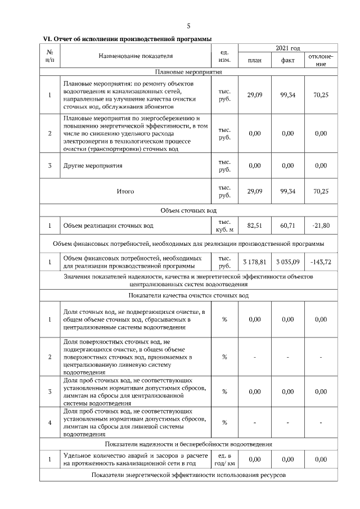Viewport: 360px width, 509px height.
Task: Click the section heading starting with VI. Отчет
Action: point(128,39)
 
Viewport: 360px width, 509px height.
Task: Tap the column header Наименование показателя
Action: point(136,56)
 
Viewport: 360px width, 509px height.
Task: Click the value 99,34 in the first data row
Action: point(287,95)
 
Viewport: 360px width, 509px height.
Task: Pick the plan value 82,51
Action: point(255,226)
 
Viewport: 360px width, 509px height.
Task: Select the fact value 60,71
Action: point(287,226)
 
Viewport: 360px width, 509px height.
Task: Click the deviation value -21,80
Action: point(321,226)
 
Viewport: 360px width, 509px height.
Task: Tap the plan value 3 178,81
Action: point(255,262)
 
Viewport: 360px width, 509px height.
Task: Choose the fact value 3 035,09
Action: point(287,262)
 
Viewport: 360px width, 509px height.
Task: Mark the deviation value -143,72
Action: point(321,262)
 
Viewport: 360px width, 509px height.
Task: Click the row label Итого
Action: point(125,192)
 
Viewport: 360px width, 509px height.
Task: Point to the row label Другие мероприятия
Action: point(93,166)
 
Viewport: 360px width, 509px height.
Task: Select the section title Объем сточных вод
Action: point(188,210)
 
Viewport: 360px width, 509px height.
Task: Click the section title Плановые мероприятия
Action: point(188,72)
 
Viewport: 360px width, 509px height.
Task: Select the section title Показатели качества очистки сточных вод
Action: point(188,295)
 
